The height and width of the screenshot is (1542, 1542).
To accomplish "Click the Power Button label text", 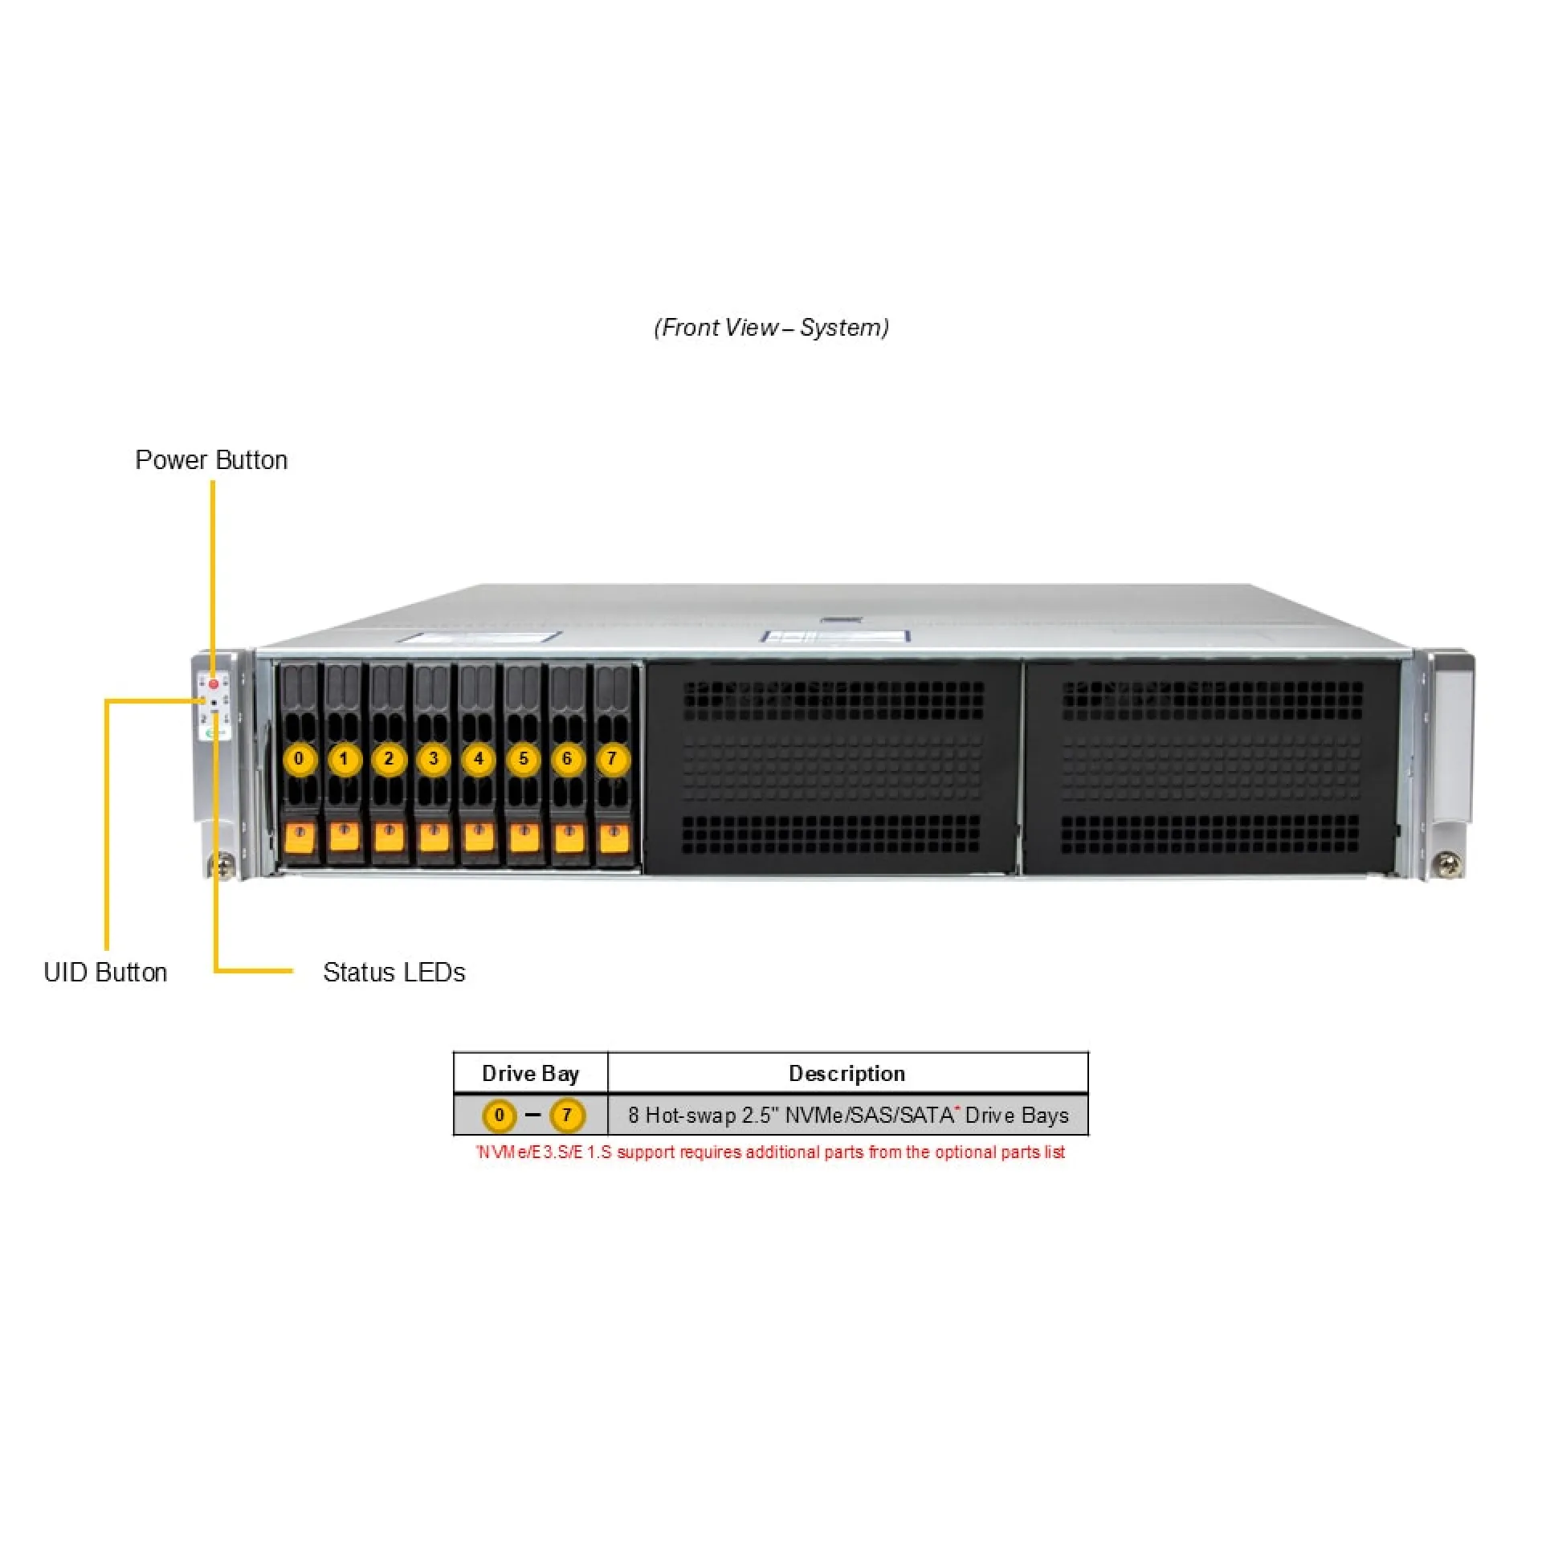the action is click(211, 460).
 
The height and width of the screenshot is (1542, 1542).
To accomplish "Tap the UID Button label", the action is click(105, 972).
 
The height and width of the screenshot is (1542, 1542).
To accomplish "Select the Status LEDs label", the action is click(394, 972).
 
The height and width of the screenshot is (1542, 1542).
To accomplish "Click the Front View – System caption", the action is click(771, 328).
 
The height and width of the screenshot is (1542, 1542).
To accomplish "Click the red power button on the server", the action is click(214, 684).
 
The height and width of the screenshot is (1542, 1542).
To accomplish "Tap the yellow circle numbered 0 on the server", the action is click(300, 759).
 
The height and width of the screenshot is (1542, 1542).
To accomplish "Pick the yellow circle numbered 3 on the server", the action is click(434, 759).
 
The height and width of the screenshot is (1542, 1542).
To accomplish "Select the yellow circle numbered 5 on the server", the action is click(524, 759).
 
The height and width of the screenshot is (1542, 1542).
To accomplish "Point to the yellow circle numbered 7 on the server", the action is click(613, 759).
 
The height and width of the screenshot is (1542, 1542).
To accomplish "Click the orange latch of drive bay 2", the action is click(390, 837).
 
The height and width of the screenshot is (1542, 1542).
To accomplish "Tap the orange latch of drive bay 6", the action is click(569, 837).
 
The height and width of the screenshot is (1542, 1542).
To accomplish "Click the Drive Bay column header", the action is click(530, 1074).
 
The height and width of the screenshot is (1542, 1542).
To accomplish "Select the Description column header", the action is click(847, 1074).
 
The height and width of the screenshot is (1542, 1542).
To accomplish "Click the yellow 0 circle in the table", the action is click(500, 1116).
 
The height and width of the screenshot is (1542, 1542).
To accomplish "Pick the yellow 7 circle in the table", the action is click(567, 1116).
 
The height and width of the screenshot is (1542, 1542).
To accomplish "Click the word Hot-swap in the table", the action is click(691, 1116).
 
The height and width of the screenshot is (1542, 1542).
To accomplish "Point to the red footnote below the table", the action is click(770, 1152).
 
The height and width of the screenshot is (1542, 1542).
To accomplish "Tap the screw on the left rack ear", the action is click(222, 866).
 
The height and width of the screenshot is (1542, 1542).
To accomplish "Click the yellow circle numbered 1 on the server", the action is click(345, 759).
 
